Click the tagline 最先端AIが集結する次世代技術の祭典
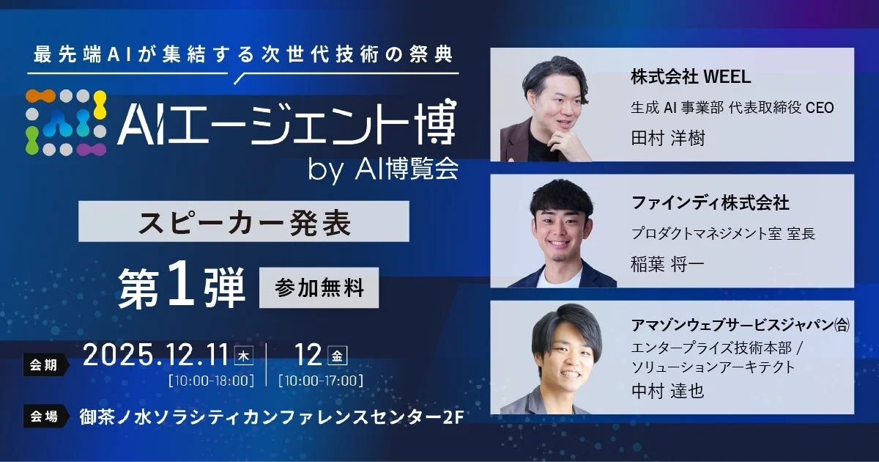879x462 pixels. click(x=243, y=55)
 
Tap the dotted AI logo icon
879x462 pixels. click(x=67, y=122)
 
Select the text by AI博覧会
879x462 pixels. click(x=384, y=169)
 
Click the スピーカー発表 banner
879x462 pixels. click(x=244, y=221)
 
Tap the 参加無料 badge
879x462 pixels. click(x=319, y=288)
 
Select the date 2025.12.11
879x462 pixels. click(x=156, y=356)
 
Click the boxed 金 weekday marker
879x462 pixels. click(x=338, y=356)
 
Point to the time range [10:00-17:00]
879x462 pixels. click(x=320, y=381)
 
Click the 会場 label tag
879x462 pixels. click(x=45, y=416)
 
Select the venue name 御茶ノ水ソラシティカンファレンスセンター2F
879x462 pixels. click(x=271, y=417)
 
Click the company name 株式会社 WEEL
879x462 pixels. click(x=691, y=76)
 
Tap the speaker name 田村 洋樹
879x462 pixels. click(x=667, y=138)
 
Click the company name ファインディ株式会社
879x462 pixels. click(x=710, y=202)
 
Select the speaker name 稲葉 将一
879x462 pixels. click(x=667, y=264)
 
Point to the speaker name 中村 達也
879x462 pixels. click(x=667, y=391)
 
